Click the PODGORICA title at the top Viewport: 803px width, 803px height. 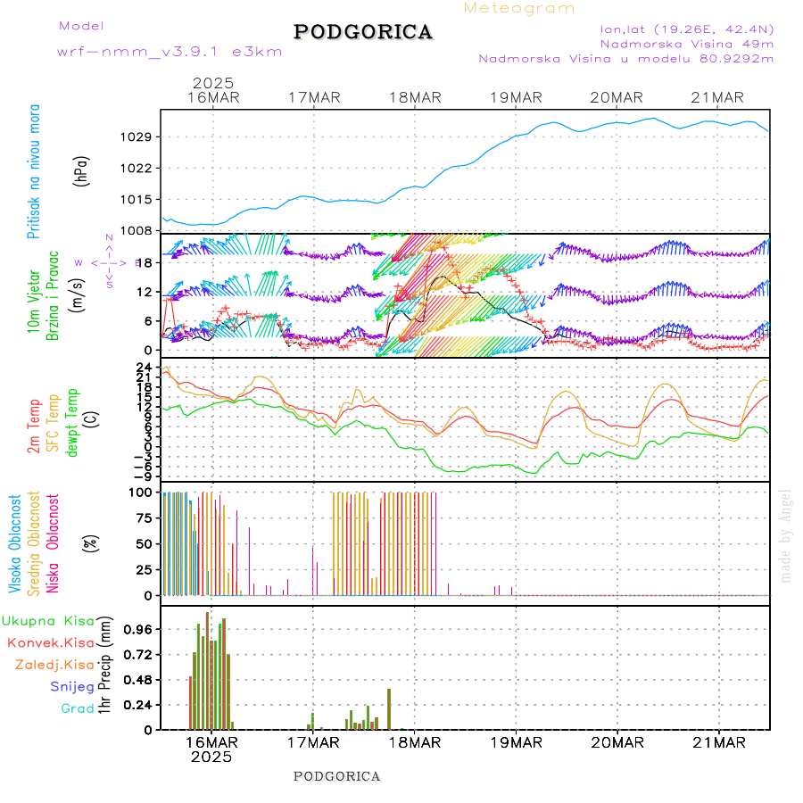[x=363, y=32]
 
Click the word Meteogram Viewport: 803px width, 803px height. [x=519, y=8]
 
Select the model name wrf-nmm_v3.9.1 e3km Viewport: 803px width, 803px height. [x=170, y=52]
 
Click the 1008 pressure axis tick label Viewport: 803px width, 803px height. [x=139, y=230]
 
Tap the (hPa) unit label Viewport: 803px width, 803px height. [x=81, y=170]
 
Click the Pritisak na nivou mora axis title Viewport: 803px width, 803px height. [x=34, y=171]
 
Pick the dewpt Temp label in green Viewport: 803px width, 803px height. [x=73, y=422]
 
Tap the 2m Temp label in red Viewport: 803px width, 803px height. [x=34, y=427]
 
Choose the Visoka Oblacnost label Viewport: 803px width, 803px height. [x=15, y=545]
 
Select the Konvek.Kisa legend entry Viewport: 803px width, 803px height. [x=50, y=642]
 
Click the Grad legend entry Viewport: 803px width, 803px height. [x=77, y=708]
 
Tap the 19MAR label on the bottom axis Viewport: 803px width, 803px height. [x=515, y=743]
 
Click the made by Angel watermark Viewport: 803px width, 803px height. [x=786, y=535]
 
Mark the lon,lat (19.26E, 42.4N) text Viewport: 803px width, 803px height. [x=687, y=29]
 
